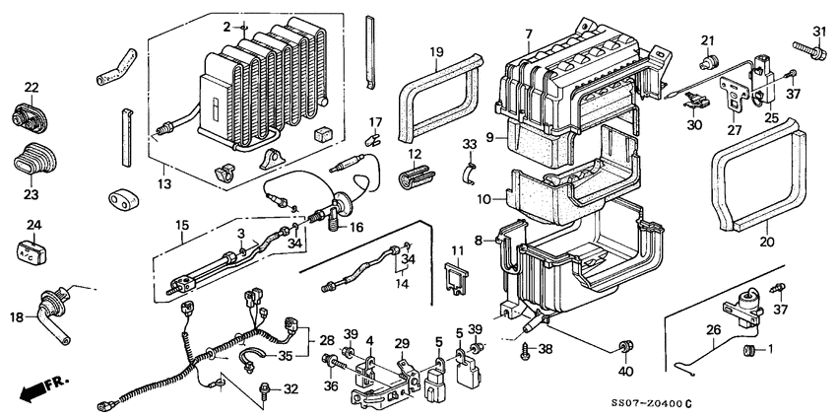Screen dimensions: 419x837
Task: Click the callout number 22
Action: point(31,89)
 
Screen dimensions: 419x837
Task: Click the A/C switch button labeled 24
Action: point(32,251)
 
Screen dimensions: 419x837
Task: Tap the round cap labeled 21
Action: point(707,59)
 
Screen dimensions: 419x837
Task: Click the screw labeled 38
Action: point(526,349)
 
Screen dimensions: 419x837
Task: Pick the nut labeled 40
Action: point(624,345)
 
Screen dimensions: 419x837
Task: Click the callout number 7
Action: point(528,35)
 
